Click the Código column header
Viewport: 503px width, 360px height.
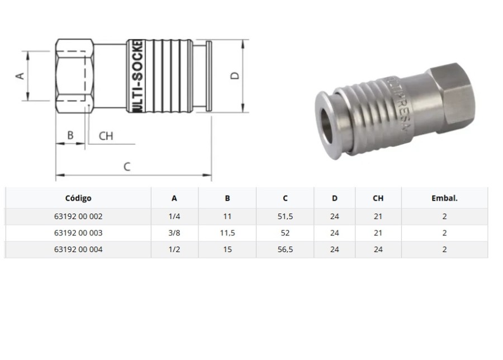point(78,198)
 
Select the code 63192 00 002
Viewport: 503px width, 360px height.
point(78,217)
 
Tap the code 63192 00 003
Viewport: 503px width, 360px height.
point(78,233)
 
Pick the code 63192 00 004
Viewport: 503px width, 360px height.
point(78,249)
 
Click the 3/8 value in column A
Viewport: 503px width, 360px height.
point(174,233)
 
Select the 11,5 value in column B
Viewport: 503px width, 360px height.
point(227,233)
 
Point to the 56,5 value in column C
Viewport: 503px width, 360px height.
point(285,249)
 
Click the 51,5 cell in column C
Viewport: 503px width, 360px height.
point(285,217)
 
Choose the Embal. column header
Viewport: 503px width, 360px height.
point(444,198)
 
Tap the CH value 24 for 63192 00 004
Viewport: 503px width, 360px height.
point(378,249)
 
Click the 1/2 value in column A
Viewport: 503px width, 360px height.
point(174,249)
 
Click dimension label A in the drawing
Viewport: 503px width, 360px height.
point(20,75)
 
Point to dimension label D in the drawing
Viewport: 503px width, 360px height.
point(235,75)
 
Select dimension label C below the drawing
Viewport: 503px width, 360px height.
point(127,166)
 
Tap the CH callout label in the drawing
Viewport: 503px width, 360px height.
point(106,136)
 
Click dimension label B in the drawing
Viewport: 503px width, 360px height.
point(70,135)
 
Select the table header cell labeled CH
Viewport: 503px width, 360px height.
point(378,198)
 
